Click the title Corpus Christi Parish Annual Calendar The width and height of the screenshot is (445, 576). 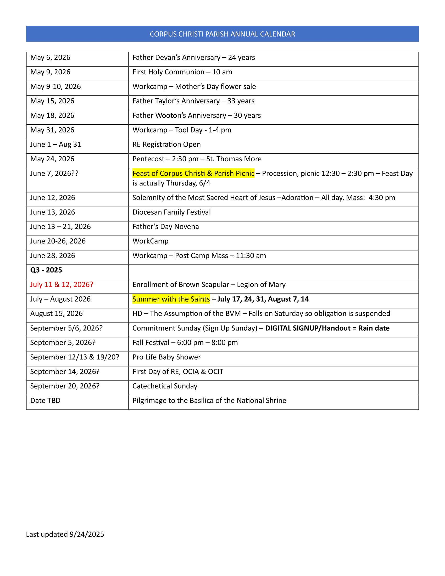222,34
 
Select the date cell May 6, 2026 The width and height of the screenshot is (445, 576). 50,58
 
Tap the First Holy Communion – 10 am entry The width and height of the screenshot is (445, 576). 182,72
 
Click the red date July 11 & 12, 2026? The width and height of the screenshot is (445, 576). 62,285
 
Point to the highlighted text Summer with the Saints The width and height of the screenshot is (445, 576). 171,299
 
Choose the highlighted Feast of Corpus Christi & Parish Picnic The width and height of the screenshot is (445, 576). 193,174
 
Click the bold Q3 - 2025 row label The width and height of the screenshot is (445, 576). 46,270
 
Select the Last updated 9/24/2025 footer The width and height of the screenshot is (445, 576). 65,534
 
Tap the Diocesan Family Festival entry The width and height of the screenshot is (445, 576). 171,212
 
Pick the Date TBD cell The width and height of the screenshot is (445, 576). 45,401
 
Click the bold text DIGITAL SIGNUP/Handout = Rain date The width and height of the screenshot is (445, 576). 327,328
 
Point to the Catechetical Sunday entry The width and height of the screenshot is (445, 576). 165,386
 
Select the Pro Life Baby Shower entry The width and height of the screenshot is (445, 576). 166,357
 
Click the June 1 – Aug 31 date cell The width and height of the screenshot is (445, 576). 55,145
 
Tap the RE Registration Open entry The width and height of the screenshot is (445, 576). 166,145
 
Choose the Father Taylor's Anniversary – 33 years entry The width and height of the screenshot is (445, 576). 193,101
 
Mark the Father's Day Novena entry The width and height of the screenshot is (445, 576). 165,227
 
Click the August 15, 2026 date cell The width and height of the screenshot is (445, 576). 57,314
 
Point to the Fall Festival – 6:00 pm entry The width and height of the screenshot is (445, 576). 185,343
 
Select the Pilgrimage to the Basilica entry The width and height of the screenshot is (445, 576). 209,401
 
